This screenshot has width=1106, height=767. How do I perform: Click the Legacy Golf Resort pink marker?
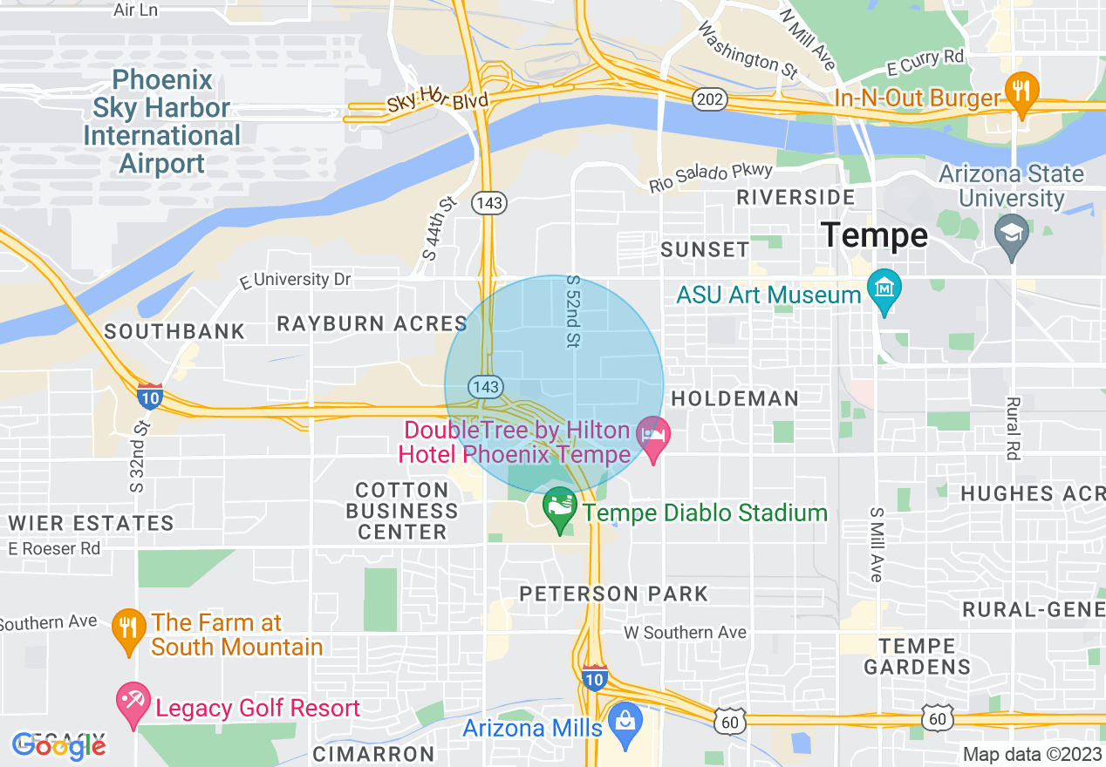tap(133, 704)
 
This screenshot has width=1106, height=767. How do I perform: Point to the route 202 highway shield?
tap(709, 100)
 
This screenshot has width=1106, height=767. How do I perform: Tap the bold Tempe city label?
tap(874, 235)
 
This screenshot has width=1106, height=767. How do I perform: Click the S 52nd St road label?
tap(573, 311)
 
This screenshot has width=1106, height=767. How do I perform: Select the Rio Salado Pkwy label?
tap(710, 178)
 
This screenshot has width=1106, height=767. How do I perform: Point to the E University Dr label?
tap(295, 280)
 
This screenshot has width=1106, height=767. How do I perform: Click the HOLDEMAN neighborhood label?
tap(734, 398)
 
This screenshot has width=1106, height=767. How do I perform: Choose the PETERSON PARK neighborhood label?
tap(613, 594)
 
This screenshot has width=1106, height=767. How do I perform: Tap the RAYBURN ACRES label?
tap(372, 323)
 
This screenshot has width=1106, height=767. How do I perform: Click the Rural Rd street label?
tap(1013, 428)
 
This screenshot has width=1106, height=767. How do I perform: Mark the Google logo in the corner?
tap(59, 745)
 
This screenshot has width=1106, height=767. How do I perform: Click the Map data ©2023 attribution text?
tap(1031, 754)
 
